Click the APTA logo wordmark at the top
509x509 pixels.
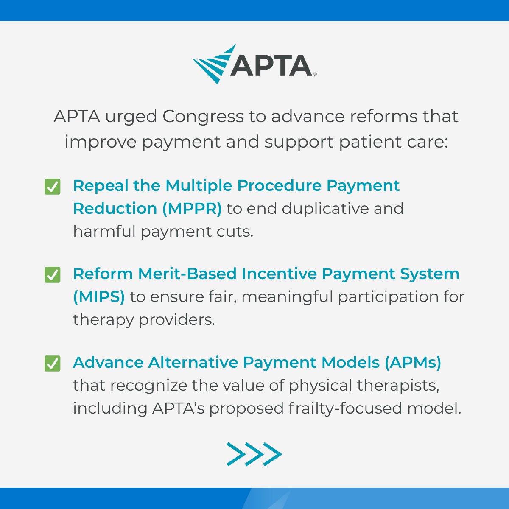point(271,66)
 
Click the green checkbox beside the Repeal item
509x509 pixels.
point(52,187)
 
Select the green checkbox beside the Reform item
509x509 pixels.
point(52,275)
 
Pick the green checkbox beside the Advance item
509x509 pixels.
point(52,364)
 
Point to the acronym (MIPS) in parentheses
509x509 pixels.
point(99,297)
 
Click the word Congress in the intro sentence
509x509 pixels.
point(203,117)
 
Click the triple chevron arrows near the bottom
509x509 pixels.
point(254,454)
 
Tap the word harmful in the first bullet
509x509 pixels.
point(104,232)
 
